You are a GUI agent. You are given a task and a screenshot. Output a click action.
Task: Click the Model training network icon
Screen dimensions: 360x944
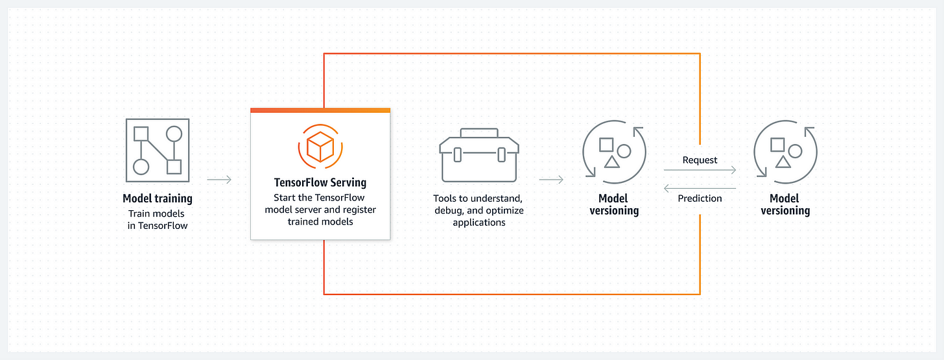coord(157,150)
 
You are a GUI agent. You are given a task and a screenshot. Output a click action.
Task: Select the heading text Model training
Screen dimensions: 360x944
coord(158,198)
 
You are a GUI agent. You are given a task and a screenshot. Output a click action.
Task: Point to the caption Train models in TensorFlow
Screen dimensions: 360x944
coord(158,219)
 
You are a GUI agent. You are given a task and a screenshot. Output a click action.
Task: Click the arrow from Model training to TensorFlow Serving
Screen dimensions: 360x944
coord(219,180)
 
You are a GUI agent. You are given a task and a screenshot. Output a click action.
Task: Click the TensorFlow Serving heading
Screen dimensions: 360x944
coord(320,183)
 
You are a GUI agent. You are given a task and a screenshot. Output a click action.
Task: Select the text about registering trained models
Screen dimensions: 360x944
coord(320,210)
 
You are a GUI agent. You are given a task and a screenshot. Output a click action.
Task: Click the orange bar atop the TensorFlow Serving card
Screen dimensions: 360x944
coord(320,111)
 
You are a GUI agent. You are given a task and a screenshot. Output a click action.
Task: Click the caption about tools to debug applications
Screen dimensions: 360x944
coord(478,210)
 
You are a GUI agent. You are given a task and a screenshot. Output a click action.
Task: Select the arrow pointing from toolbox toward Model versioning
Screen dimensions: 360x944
coord(551,180)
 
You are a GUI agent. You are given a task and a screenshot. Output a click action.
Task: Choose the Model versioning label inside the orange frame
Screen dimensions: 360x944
coord(614,204)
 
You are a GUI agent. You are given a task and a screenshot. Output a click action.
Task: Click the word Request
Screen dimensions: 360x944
coord(700,160)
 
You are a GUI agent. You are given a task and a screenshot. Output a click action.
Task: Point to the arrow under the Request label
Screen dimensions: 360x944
coord(700,170)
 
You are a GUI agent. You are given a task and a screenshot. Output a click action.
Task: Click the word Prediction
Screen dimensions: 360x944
coord(700,198)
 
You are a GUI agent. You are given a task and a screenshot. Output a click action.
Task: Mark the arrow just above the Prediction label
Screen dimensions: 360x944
coord(700,188)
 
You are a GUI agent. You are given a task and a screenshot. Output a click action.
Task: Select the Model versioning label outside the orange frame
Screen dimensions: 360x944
coord(785,204)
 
